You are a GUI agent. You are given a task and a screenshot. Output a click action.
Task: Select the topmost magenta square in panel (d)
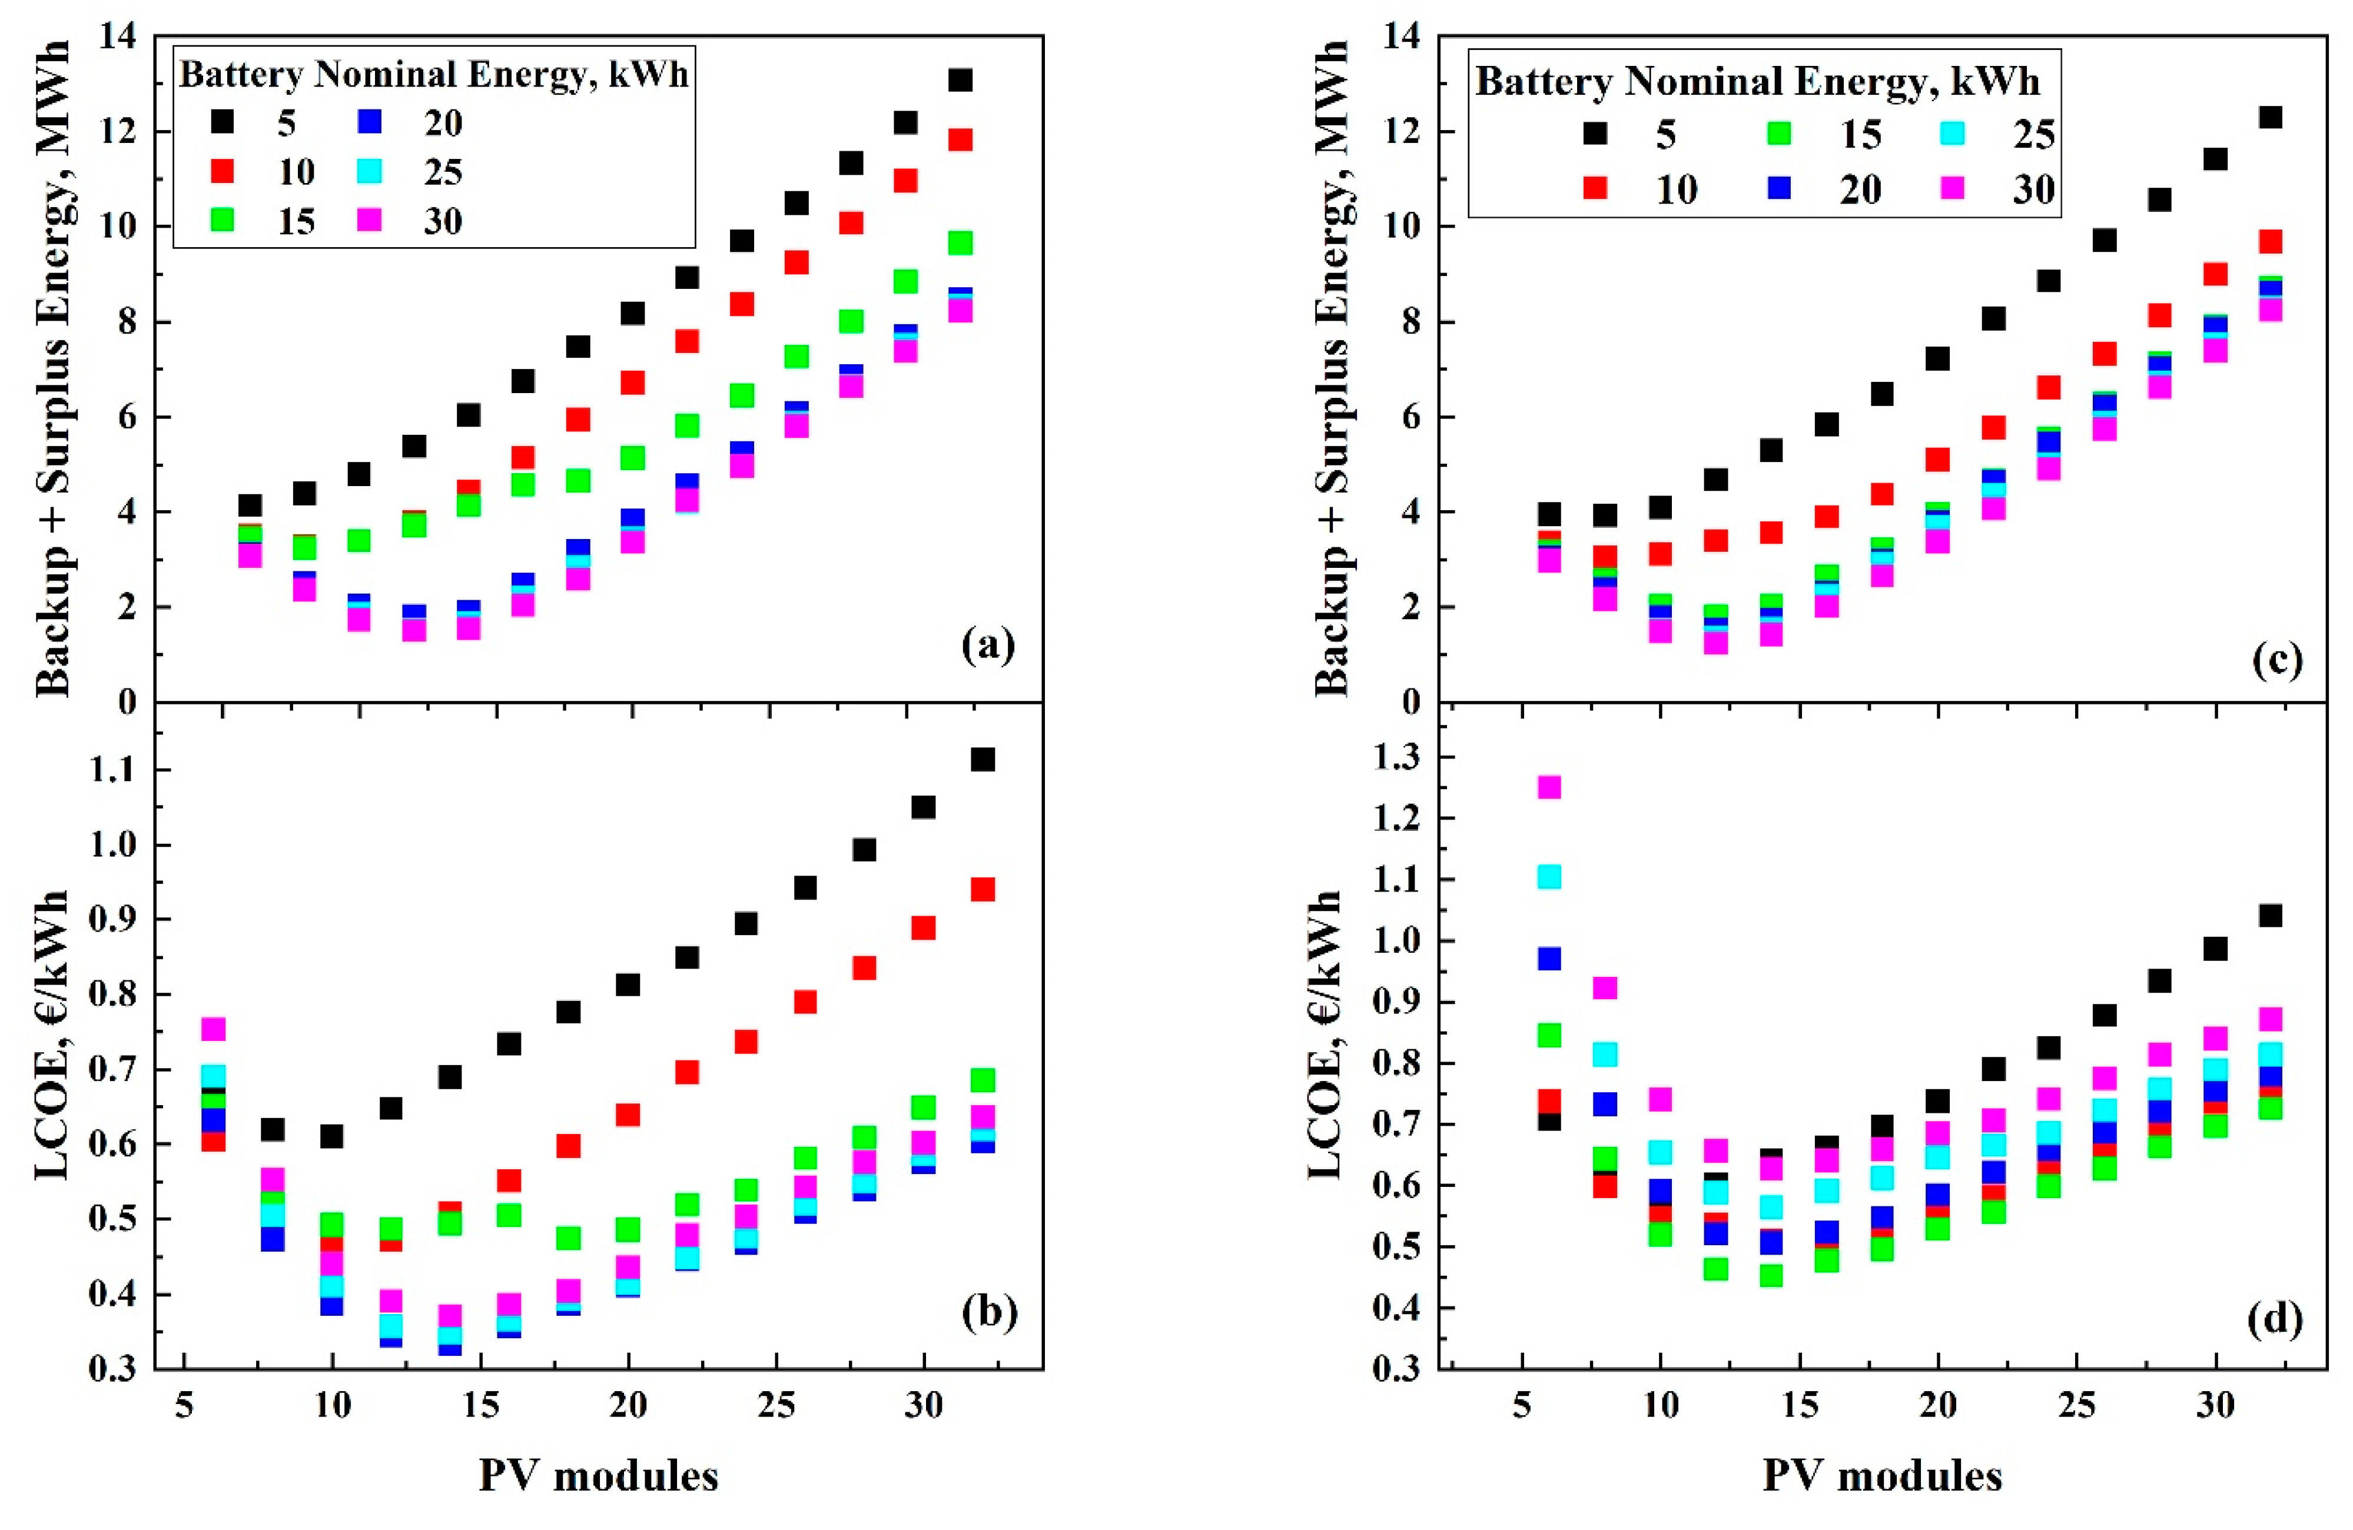point(1549,787)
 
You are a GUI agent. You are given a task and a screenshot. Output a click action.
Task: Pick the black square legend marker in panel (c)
point(1594,134)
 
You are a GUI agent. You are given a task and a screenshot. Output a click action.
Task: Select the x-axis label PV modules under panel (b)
point(598,1476)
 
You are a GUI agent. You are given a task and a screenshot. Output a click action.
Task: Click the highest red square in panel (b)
point(982,890)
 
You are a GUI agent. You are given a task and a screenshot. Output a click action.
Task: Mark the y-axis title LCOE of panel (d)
point(1325,1033)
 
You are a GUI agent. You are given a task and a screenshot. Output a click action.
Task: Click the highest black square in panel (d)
point(2270,915)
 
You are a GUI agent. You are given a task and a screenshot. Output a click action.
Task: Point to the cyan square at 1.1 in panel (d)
point(1549,877)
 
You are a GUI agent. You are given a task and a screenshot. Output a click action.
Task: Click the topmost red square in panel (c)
point(2270,241)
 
